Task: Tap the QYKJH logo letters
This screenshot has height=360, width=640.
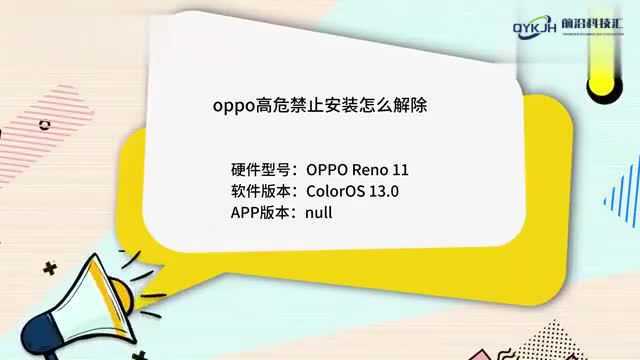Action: (538, 27)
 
